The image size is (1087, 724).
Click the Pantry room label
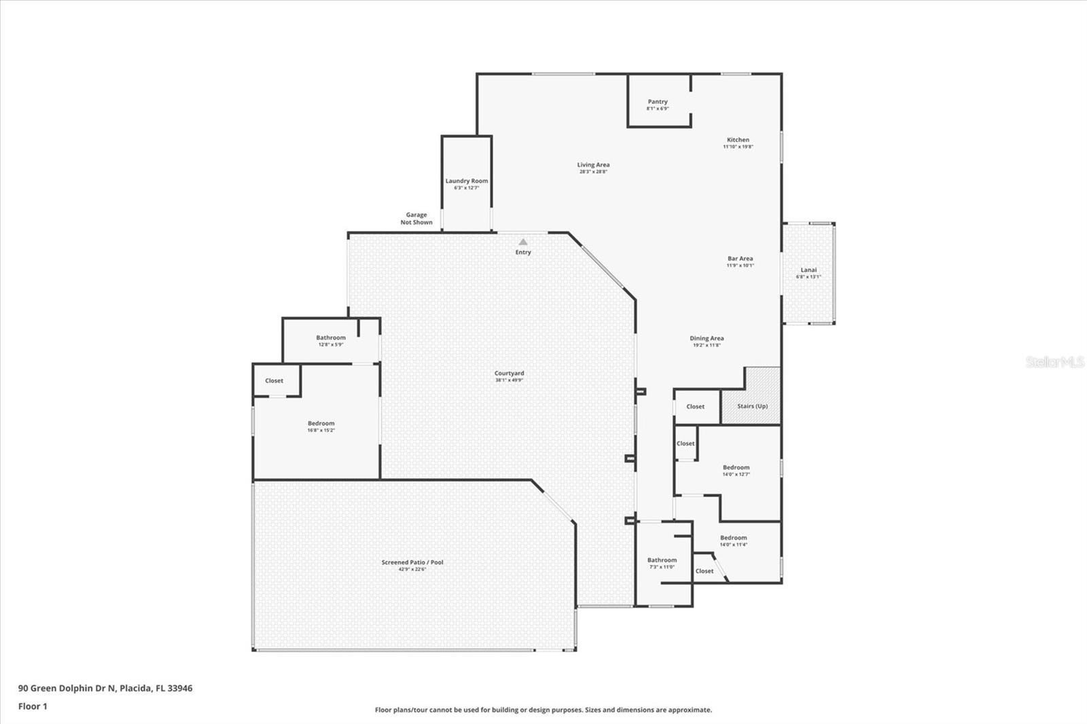coord(657,102)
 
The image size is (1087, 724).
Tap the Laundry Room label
coord(466,181)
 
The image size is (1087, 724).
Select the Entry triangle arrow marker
coord(523,242)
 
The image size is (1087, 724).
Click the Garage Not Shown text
coord(416,219)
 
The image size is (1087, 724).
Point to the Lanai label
coord(808,270)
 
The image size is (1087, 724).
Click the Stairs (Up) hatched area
coord(752,406)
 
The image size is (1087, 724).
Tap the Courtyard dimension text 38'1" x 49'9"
coord(509,380)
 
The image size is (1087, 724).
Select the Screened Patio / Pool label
coord(412,562)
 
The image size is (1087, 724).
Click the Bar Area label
coord(740,259)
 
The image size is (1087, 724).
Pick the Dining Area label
coord(707,338)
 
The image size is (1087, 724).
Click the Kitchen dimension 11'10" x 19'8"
coord(738,147)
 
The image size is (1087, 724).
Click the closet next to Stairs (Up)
coord(695,407)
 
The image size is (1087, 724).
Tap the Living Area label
coord(593,165)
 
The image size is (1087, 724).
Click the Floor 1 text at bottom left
coord(33,706)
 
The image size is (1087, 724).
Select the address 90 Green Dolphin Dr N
coord(105,688)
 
